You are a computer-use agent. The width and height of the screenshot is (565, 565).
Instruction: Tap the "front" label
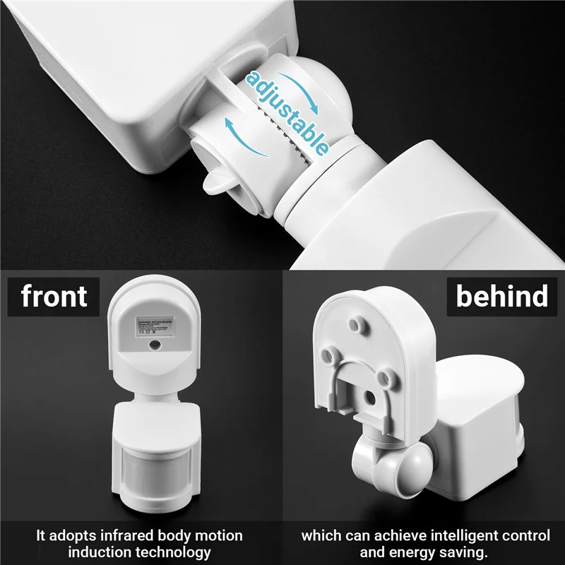(x=54, y=297)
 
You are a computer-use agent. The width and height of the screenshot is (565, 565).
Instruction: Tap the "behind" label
(x=502, y=297)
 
